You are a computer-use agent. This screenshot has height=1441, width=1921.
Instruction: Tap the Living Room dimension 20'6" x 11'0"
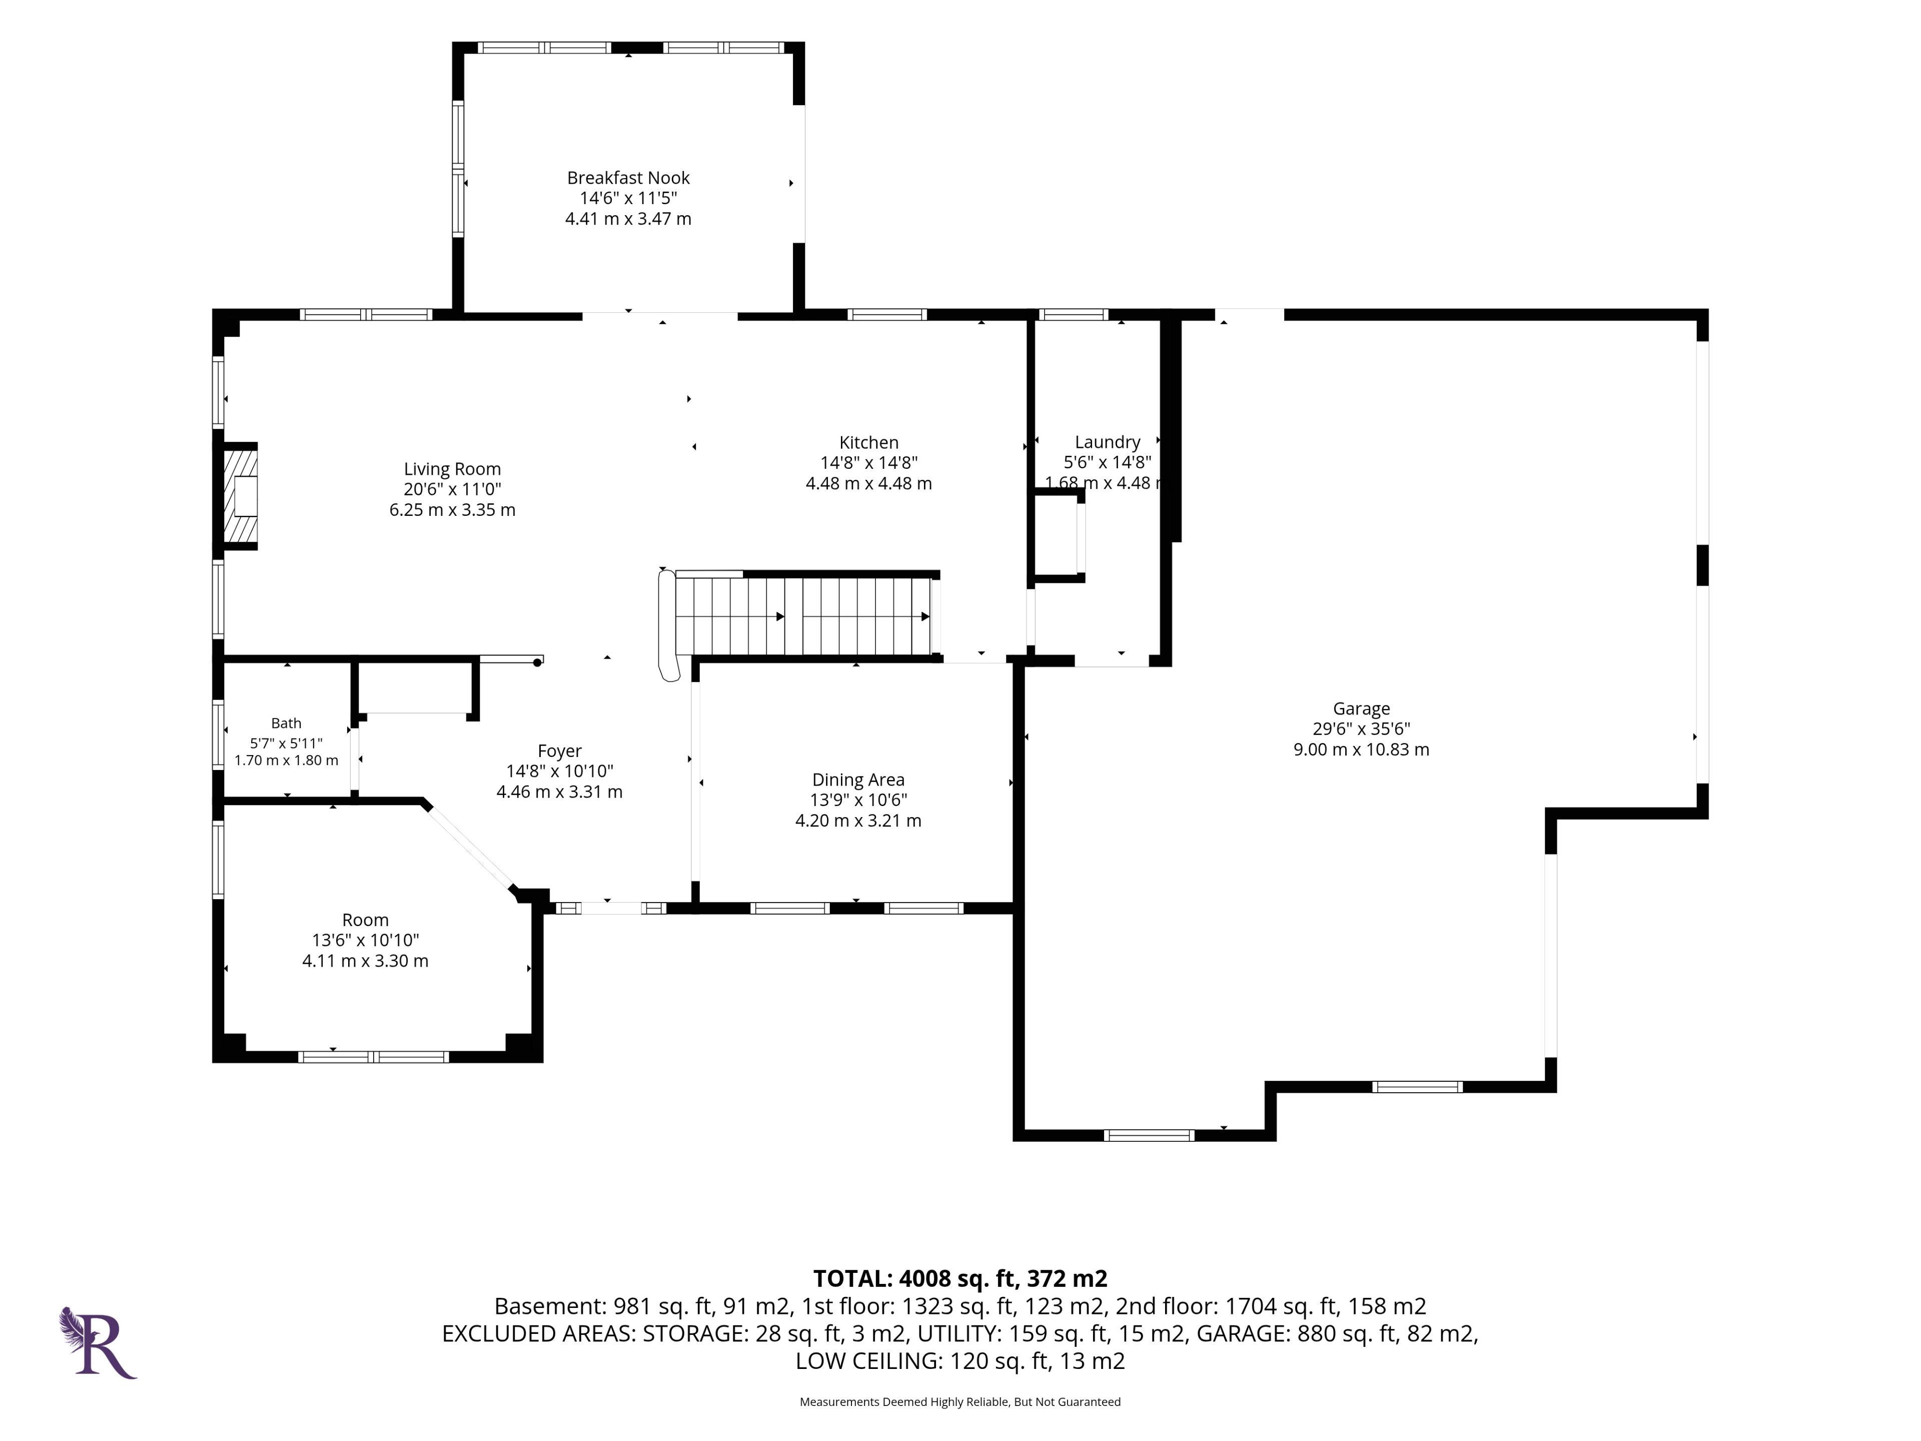tap(452, 489)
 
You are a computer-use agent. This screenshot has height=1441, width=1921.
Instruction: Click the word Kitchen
tap(868, 442)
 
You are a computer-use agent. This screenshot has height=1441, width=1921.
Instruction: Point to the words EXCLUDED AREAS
tap(538, 1333)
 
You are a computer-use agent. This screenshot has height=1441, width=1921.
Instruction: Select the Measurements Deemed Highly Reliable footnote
tap(959, 1401)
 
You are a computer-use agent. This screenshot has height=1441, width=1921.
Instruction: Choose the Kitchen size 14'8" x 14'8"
tap(868, 463)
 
